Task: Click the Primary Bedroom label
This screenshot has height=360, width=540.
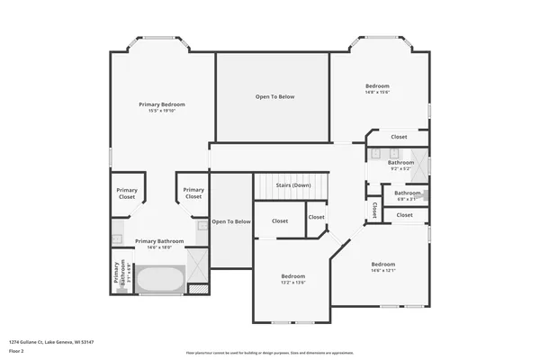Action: (161, 105)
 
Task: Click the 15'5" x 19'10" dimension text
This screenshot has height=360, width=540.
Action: (161, 112)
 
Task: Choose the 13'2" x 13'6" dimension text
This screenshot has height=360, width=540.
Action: (293, 283)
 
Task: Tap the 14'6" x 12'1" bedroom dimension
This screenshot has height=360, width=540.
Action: (383, 270)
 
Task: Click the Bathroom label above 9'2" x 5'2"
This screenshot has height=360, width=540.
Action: (400, 163)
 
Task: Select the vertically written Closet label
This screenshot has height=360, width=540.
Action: (373, 209)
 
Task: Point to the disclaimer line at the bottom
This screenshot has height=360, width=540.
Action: (269, 353)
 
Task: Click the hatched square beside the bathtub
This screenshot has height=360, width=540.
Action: (199, 289)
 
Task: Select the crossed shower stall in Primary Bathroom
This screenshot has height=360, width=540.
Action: (198, 264)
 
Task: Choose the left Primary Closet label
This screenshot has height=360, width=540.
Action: (127, 193)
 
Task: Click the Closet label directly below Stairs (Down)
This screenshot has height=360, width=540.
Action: (280, 220)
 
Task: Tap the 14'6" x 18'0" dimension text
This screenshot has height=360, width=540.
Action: (159, 247)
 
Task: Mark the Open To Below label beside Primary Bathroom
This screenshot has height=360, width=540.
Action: (230, 221)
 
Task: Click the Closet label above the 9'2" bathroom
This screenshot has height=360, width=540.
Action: (399, 137)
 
